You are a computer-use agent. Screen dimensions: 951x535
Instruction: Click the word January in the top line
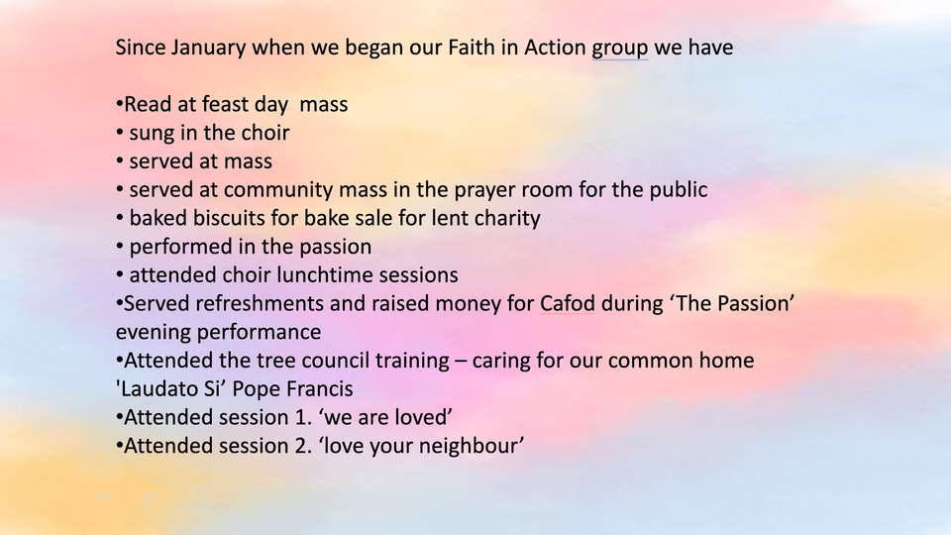208,48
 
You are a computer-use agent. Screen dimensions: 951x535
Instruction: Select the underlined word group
620,50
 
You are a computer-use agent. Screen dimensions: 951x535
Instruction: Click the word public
679,190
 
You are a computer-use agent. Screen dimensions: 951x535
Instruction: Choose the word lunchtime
325,275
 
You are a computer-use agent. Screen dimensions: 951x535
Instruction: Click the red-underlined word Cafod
567,304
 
